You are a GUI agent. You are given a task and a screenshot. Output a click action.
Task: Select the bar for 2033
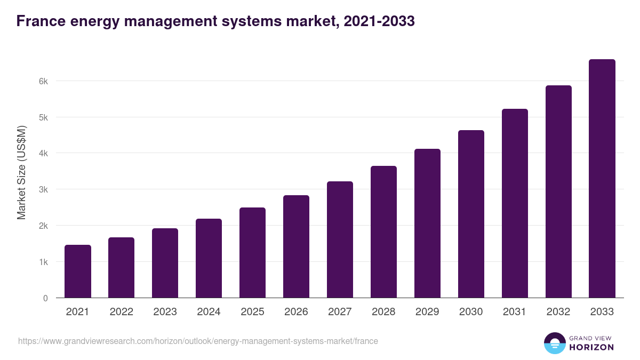(x=602, y=178)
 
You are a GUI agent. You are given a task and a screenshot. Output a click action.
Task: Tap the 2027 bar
(x=340, y=239)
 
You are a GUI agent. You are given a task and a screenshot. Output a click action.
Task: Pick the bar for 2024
(x=209, y=258)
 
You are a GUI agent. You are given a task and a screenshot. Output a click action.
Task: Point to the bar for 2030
(x=471, y=214)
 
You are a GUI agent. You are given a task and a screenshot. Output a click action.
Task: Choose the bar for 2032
(x=558, y=191)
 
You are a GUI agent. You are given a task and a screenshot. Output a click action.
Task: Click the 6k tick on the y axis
(x=43, y=81)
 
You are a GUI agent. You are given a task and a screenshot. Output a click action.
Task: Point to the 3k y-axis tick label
(x=43, y=190)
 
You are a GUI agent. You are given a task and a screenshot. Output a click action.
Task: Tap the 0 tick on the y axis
(x=45, y=298)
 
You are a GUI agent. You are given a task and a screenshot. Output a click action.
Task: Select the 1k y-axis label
(x=43, y=262)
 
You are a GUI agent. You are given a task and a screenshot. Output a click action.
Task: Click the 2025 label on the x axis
(x=252, y=312)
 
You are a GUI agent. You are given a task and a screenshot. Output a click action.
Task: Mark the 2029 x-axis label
(x=427, y=312)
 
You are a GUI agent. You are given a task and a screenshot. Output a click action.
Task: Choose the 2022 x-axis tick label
(x=121, y=312)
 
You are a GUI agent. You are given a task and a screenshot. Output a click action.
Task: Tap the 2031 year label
(x=515, y=312)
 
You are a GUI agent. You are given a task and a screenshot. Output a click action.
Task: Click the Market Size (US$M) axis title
(x=21, y=172)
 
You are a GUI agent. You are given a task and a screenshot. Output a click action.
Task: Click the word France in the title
(x=40, y=21)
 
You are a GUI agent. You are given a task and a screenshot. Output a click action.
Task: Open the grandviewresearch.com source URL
(x=198, y=341)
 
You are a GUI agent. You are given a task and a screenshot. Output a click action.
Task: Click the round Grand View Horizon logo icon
(x=554, y=343)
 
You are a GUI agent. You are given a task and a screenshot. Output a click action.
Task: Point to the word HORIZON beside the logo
(x=591, y=347)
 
